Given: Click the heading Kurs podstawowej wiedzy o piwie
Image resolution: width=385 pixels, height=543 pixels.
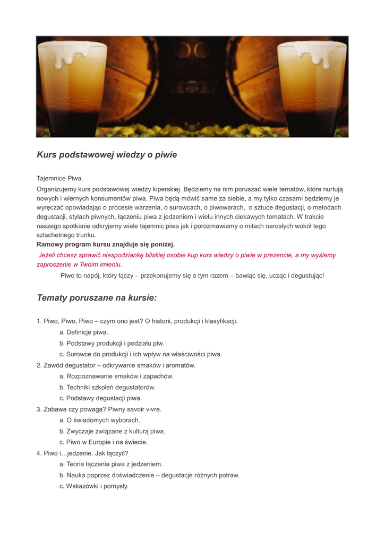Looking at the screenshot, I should coord(107,155).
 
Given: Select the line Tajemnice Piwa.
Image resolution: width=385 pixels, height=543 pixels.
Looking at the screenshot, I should coord(60,178).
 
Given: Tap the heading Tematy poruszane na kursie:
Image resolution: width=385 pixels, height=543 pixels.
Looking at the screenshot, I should coord(97,297).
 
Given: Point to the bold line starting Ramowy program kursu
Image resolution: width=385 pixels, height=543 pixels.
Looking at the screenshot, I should coord(106,244).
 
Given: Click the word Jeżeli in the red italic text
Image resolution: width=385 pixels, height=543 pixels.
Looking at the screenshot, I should coord(48,255).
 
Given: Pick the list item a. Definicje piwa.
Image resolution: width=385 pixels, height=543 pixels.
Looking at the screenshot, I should coord(84,332).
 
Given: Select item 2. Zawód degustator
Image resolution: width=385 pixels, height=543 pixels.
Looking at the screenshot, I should coord(116,365).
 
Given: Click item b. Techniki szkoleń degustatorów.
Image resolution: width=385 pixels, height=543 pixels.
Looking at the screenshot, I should coord(107,387).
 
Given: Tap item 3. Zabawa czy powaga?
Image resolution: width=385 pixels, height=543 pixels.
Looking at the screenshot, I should coord(99,409).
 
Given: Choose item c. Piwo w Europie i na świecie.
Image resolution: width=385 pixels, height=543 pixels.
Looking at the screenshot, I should coord(104,442).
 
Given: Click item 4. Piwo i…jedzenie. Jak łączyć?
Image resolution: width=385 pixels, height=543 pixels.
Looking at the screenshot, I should coord(82,453).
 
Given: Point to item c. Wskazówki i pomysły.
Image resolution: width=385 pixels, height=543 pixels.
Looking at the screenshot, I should coord(94,486).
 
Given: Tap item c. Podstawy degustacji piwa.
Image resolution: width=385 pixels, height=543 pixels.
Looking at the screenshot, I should coord(100,398).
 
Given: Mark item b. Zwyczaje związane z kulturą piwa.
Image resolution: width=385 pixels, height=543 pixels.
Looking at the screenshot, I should coord(112,431).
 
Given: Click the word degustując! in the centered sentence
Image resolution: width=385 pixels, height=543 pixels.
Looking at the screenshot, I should coord(306,276).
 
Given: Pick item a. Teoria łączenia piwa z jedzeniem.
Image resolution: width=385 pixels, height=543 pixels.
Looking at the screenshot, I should coord(111,464).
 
